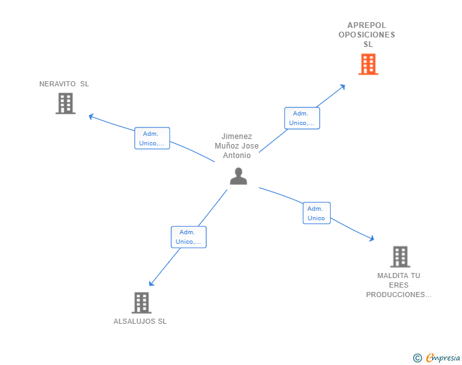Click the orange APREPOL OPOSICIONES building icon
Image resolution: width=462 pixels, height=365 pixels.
[368, 64]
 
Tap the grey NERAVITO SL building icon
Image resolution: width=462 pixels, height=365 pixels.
[65, 103]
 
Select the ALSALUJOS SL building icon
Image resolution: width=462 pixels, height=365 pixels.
[141, 303]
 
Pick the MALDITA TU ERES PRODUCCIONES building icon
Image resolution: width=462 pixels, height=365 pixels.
[400, 256]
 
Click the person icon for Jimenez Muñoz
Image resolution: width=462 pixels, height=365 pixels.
[238, 176]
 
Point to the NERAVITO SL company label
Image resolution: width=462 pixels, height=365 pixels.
[64, 84]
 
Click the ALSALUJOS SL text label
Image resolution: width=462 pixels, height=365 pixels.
[140, 321]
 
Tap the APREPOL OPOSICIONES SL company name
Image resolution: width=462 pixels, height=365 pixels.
[367, 35]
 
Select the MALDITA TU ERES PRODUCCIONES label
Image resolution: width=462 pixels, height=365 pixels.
[399, 285]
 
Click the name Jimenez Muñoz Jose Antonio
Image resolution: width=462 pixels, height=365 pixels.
[237, 146]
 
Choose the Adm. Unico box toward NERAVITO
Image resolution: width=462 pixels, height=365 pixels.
[152, 138]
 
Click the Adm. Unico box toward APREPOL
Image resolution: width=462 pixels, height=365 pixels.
[301, 118]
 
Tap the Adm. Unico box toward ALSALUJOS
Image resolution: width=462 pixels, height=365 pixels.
[188, 237]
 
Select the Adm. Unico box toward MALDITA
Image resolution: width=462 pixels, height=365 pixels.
[316, 213]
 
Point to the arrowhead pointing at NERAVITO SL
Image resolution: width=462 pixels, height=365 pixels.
[90, 116]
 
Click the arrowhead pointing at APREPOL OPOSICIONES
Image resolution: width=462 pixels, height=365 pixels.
[343, 86]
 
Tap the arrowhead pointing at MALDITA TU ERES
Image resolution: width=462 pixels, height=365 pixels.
[372, 239]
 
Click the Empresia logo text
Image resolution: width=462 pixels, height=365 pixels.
[443, 358]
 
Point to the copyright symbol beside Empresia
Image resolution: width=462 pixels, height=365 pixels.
[417, 358]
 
